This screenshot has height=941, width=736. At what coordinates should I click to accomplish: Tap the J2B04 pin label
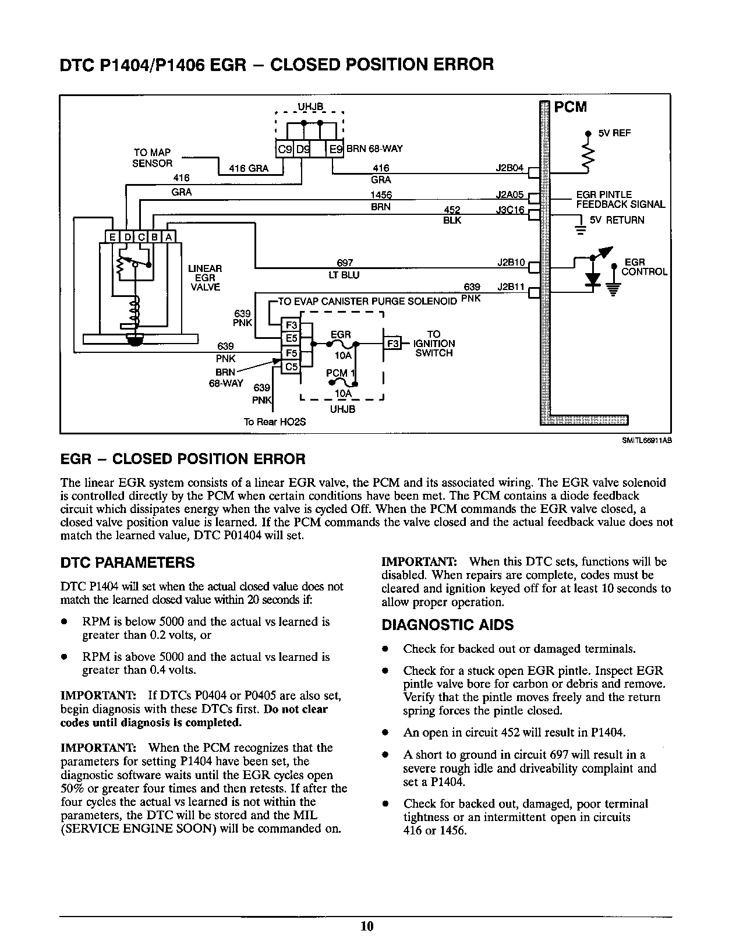click(x=509, y=168)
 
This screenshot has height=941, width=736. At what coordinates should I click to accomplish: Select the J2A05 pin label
click(x=509, y=195)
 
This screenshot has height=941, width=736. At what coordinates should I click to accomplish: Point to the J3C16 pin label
click(x=509, y=210)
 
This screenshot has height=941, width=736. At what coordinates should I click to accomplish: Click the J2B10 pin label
click(x=511, y=262)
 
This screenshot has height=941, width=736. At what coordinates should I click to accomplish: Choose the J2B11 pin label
click(x=511, y=287)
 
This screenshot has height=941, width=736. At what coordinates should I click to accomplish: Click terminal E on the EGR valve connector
click(x=111, y=237)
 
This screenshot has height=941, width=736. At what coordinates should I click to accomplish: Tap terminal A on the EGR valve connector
click(x=168, y=237)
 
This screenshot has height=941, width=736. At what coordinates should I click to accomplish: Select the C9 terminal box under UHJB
click(x=285, y=149)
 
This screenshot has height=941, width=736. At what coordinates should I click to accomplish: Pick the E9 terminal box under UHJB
click(x=336, y=149)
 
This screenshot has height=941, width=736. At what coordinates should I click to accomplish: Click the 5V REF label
click(x=614, y=133)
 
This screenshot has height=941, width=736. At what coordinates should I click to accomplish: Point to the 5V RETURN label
click(x=617, y=220)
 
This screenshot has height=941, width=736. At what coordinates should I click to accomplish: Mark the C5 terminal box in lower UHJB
click(x=291, y=367)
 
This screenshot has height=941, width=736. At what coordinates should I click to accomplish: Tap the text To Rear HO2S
click(x=274, y=422)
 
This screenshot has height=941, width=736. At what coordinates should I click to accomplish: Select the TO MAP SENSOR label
click(x=152, y=158)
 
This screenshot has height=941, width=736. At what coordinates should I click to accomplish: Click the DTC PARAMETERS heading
click(x=128, y=563)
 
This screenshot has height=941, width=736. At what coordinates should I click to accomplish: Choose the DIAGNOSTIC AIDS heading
click(x=447, y=625)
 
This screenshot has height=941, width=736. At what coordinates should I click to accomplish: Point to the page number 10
click(x=367, y=926)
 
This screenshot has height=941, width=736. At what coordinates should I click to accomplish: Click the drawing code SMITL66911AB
click(x=647, y=441)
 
